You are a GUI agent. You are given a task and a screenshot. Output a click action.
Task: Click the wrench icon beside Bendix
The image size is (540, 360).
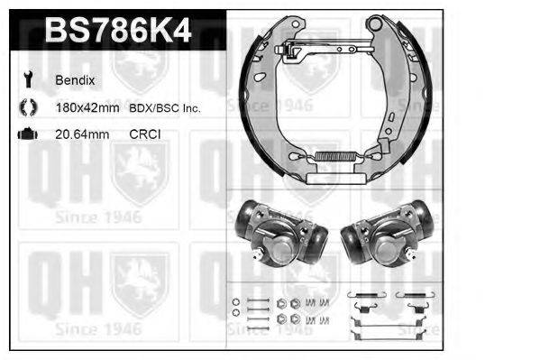click(x=26, y=80)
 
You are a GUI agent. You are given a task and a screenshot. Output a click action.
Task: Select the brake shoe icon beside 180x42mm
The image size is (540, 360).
click(x=26, y=108)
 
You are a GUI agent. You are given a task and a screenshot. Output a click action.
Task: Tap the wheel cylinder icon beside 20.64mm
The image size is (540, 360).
click(x=26, y=135)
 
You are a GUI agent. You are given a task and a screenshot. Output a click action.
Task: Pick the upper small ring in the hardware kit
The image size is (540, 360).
click(x=236, y=301)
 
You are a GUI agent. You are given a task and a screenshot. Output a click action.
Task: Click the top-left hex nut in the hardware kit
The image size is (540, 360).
click(x=282, y=302)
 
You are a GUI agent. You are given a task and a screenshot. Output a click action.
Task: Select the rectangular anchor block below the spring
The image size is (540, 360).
click(x=321, y=179)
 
